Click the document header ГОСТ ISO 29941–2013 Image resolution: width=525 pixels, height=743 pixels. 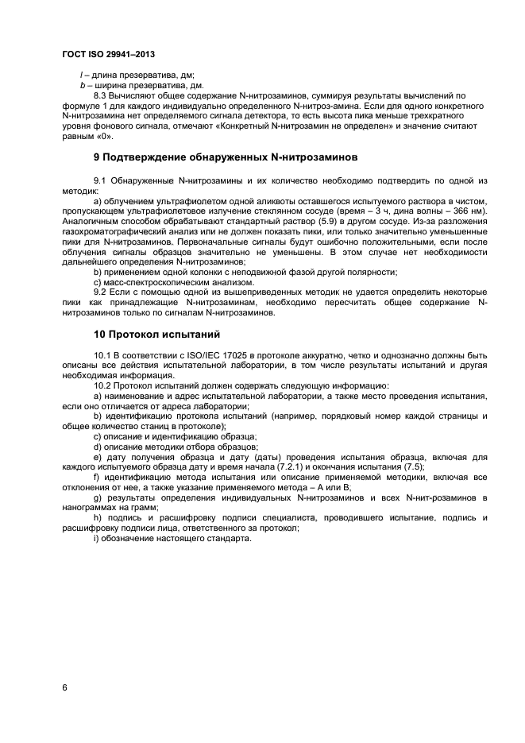pos(108,54)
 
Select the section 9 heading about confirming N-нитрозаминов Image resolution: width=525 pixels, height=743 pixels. pos(226,156)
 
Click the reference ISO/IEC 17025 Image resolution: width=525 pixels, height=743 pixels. pos(201,356)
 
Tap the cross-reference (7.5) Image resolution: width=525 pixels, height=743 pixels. pos(414,467)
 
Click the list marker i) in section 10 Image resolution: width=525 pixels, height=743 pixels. pos(96,537)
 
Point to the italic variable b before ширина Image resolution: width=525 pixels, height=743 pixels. pos(83,84)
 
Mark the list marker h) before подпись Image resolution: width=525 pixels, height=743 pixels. pos(98,518)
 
